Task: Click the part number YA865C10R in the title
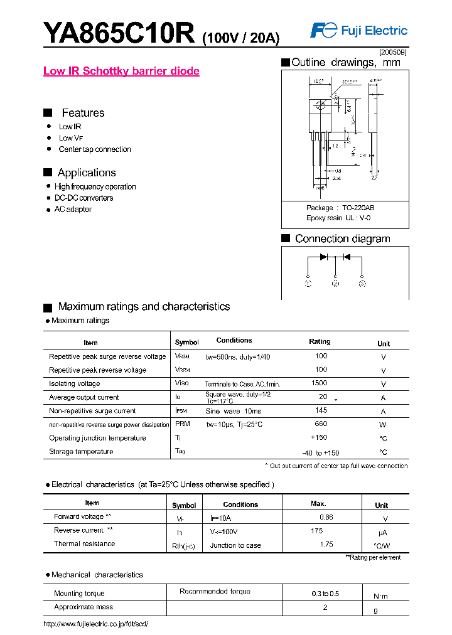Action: [x=119, y=33]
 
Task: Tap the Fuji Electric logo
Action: [x=359, y=31]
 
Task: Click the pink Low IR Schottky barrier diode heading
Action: [x=121, y=71]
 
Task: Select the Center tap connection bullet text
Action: [x=95, y=149]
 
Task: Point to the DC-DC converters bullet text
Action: [x=84, y=198]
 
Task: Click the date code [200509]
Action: [x=393, y=53]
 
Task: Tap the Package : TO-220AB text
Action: [x=340, y=208]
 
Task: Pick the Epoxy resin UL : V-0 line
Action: [x=340, y=218]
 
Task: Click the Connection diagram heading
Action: [x=342, y=238]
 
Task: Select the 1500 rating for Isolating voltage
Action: [x=319, y=383]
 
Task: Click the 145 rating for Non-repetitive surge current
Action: [x=321, y=410]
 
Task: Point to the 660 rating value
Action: [x=321, y=424]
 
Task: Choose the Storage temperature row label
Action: [x=81, y=452]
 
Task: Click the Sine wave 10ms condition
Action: [x=233, y=411]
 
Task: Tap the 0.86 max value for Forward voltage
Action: [x=326, y=518]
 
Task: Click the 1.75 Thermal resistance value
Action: [x=326, y=544]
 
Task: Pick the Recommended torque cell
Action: [x=215, y=592]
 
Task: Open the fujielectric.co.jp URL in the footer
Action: [x=95, y=624]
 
